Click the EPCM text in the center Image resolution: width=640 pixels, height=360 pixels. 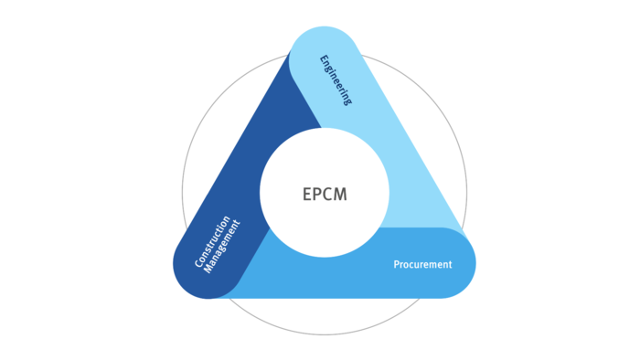click(x=325, y=194)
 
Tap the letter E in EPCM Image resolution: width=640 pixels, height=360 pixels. click(x=307, y=194)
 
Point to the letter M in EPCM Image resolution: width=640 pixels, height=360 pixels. click(x=340, y=194)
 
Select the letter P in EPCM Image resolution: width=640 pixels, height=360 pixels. click(x=317, y=194)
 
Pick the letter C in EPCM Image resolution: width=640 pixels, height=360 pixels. click(x=327, y=194)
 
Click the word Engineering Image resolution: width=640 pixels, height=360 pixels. click(x=336, y=80)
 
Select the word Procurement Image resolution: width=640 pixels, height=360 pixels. click(x=422, y=265)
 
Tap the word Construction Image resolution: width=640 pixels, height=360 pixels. click(x=212, y=241)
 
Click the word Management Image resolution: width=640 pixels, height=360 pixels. click(x=221, y=247)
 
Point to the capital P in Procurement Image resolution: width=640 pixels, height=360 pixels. click(x=396, y=264)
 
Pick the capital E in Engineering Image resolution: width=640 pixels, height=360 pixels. click(x=324, y=59)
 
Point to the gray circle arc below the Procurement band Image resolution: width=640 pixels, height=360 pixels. click(x=325, y=334)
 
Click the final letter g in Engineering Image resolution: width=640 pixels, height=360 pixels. click(x=347, y=101)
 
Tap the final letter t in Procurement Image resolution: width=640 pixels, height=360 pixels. click(x=450, y=265)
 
